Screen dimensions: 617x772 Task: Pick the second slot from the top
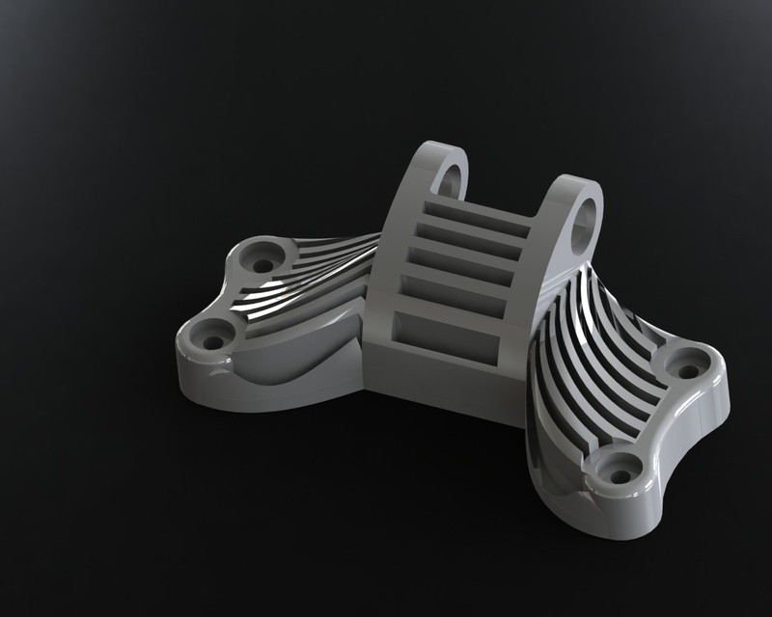coord(471,237)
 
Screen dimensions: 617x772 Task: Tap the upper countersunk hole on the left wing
coord(262,258)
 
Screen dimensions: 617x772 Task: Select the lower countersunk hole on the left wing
coord(208,338)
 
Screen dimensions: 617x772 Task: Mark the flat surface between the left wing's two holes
coord(232,299)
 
